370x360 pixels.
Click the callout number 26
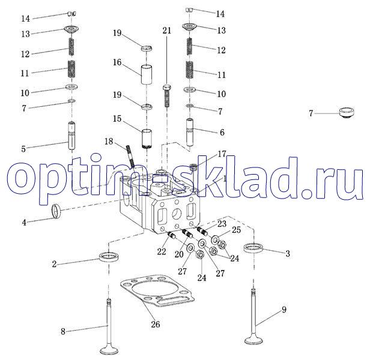point(156,325)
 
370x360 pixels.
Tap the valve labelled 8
point(109,327)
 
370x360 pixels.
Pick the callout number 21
point(167,31)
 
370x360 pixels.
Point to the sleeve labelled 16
point(147,74)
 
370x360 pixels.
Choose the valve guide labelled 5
point(72,136)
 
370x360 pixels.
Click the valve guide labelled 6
point(190,132)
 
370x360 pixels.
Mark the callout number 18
point(109,142)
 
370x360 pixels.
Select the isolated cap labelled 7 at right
point(347,112)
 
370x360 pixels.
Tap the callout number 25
point(236,230)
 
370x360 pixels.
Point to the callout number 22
point(162,252)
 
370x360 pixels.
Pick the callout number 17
point(222,154)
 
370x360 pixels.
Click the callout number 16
point(117,62)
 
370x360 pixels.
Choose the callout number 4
point(24,223)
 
